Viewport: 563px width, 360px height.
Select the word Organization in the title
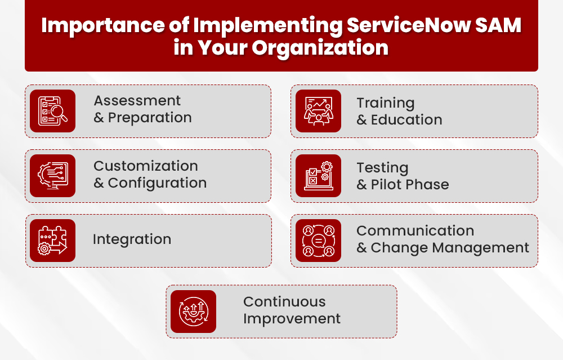tap(320, 47)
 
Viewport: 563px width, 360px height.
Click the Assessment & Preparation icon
tap(52, 111)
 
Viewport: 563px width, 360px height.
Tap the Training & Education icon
tap(318, 111)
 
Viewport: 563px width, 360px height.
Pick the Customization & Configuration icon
tap(52, 176)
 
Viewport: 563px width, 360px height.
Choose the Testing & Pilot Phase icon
tap(318, 176)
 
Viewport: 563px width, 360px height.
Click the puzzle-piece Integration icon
tap(52, 241)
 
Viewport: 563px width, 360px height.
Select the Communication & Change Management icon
tap(318, 241)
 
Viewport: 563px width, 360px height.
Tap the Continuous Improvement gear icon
tap(193, 312)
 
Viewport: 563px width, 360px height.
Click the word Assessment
tap(137, 101)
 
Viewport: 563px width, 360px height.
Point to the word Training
tap(385, 103)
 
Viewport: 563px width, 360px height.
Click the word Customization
tap(146, 166)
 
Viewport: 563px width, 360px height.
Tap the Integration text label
tap(132, 239)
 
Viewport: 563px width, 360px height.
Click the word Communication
tap(415, 231)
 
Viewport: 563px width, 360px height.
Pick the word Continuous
tap(284, 302)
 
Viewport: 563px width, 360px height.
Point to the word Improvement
tap(292, 319)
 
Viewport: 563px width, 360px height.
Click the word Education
tap(406, 120)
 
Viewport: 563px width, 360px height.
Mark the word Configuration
tap(157, 184)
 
